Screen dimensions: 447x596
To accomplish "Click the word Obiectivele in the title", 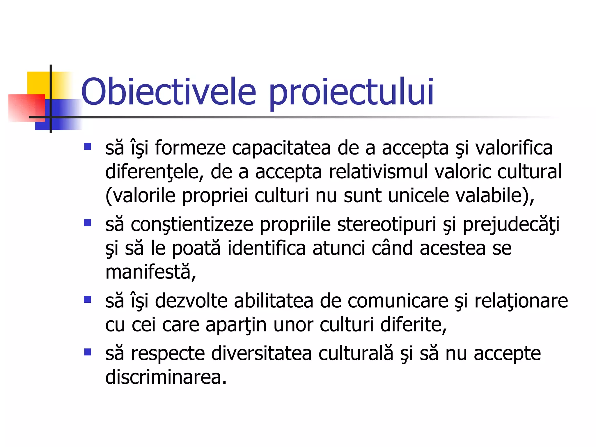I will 168,92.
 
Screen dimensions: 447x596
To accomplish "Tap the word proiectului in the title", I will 351,93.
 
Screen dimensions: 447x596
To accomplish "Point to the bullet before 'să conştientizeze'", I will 87,223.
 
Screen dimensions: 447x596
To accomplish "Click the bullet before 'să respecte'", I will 87,352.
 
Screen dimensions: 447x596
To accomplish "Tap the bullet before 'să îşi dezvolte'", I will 87,299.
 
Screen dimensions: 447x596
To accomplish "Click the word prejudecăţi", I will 511,225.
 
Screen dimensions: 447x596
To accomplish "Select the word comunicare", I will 398,301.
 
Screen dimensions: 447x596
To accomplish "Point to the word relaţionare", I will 521,301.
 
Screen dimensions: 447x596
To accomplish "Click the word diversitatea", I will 261,354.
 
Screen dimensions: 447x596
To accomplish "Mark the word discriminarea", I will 166,377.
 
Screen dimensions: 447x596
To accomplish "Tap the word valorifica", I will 514,148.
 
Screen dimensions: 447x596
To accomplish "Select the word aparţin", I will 236,325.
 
